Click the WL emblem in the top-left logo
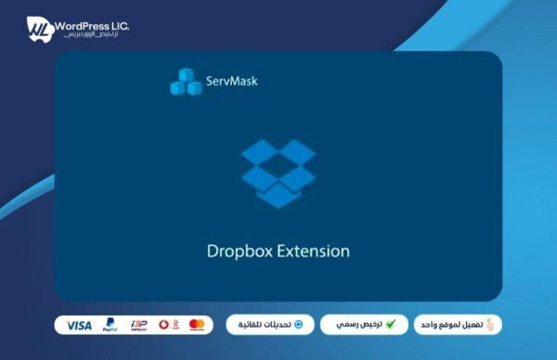pyautogui.click(x=39, y=28)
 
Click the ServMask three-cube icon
pyautogui.click(x=186, y=83)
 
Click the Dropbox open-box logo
pyautogui.click(x=278, y=173)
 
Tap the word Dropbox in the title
pyautogui.click(x=236, y=251)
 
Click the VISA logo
pyautogui.click(x=80, y=325)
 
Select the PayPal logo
pyautogui.click(x=110, y=325)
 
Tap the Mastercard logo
pyautogui.click(x=197, y=325)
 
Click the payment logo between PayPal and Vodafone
pyautogui.click(x=138, y=325)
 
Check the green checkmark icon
pyautogui.click(x=391, y=325)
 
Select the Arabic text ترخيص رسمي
pyautogui.click(x=359, y=325)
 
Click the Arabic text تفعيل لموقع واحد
pyautogui.click(x=453, y=325)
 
